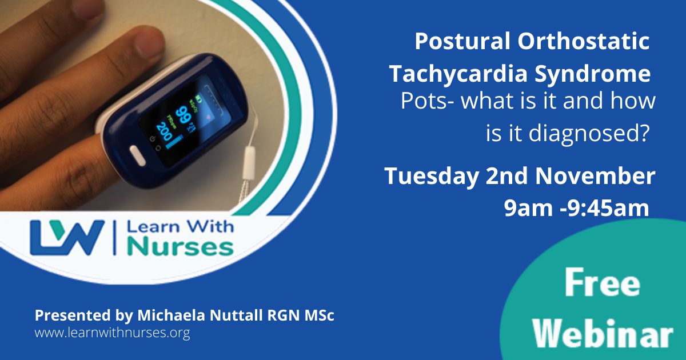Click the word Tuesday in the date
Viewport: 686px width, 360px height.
pos(432,177)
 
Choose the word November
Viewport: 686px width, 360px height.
pos(595,176)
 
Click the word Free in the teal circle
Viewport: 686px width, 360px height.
pos(602,282)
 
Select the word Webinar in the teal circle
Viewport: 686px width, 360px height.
pos(603,333)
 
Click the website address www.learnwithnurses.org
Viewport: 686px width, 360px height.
pos(112,333)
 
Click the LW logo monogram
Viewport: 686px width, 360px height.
pos(67,238)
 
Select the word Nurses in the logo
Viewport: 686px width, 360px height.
pos(181,247)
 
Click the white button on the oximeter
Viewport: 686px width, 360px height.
pos(138,155)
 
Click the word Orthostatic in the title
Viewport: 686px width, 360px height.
pos(584,41)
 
